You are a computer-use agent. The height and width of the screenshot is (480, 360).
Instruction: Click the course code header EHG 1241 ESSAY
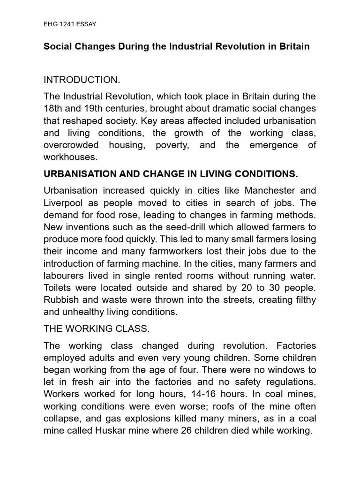[x=70, y=23]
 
